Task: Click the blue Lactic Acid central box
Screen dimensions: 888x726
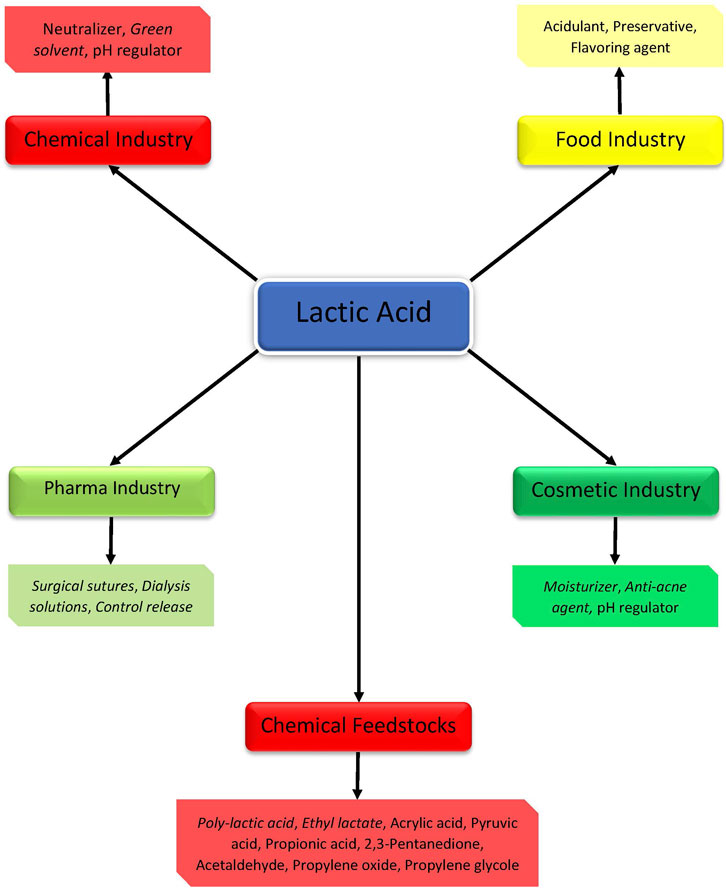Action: tap(362, 313)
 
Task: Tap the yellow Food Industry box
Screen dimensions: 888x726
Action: tap(620, 139)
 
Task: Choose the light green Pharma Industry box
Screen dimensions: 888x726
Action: tap(111, 490)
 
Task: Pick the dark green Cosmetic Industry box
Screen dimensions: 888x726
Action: tap(615, 491)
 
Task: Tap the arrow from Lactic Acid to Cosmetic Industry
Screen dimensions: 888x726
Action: tap(540, 407)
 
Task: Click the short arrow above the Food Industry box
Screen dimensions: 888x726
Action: tap(620, 90)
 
